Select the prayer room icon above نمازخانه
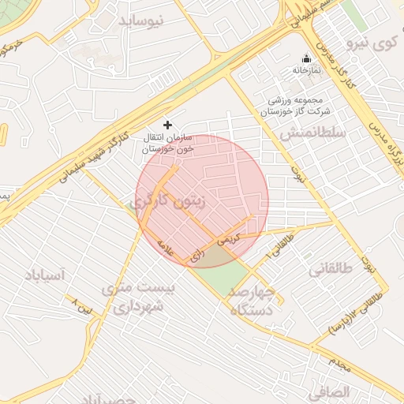click(x=307, y=59)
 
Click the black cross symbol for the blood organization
click(x=166, y=124)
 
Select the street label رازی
click(x=197, y=254)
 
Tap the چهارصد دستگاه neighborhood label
click(x=252, y=301)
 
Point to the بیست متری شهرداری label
click(x=137, y=297)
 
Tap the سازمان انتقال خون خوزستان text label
click(x=167, y=143)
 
